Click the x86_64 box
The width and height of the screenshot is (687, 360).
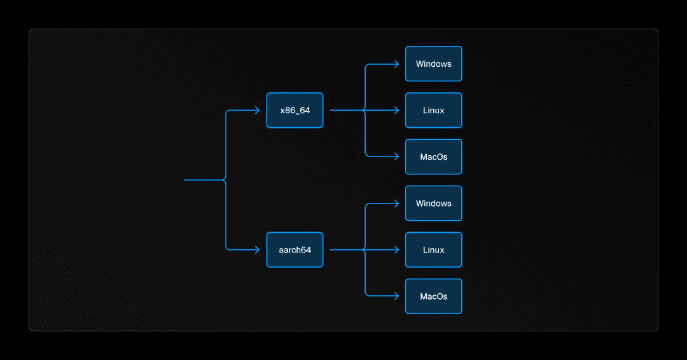pyautogui.click(x=295, y=110)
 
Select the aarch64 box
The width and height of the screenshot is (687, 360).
pyautogui.click(x=295, y=250)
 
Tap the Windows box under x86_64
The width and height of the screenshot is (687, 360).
pyautogui.click(x=433, y=64)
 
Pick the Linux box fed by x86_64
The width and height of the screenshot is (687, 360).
pyautogui.click(x=433, y=110)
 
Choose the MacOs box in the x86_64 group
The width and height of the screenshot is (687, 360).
pyautogui.click(x=433, y=156)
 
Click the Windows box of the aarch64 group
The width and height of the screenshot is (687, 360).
pyautogui.click(x=433, y=204)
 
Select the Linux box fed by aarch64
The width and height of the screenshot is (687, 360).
pyautogui.click(x=433, y=250)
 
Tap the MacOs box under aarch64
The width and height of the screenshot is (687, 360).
pyautogui.click(x=433, y=296)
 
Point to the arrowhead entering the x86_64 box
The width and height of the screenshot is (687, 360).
pyautogui.click(x=257, y=110)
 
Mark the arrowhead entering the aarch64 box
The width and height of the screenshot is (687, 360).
pyautogui.click(x=257, y=250)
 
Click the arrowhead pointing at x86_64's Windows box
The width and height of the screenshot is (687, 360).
pyautogui.click(x=396, y=64)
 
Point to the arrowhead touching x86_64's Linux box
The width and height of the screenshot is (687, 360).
pyautogui.click(x=396, y=110)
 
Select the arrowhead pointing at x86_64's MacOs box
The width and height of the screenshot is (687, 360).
pyautogui.click(x=396, y=156)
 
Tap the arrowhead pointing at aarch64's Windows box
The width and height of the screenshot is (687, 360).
pyautogui.click(x=396, y=204)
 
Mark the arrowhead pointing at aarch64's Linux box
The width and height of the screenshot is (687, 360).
pyautogui.click(x=396, y=250)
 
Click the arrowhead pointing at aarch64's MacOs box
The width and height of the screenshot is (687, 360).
pyautogui.click(x=396, y=296)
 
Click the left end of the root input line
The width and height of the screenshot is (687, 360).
pyautogui.click(x=185, y=180)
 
